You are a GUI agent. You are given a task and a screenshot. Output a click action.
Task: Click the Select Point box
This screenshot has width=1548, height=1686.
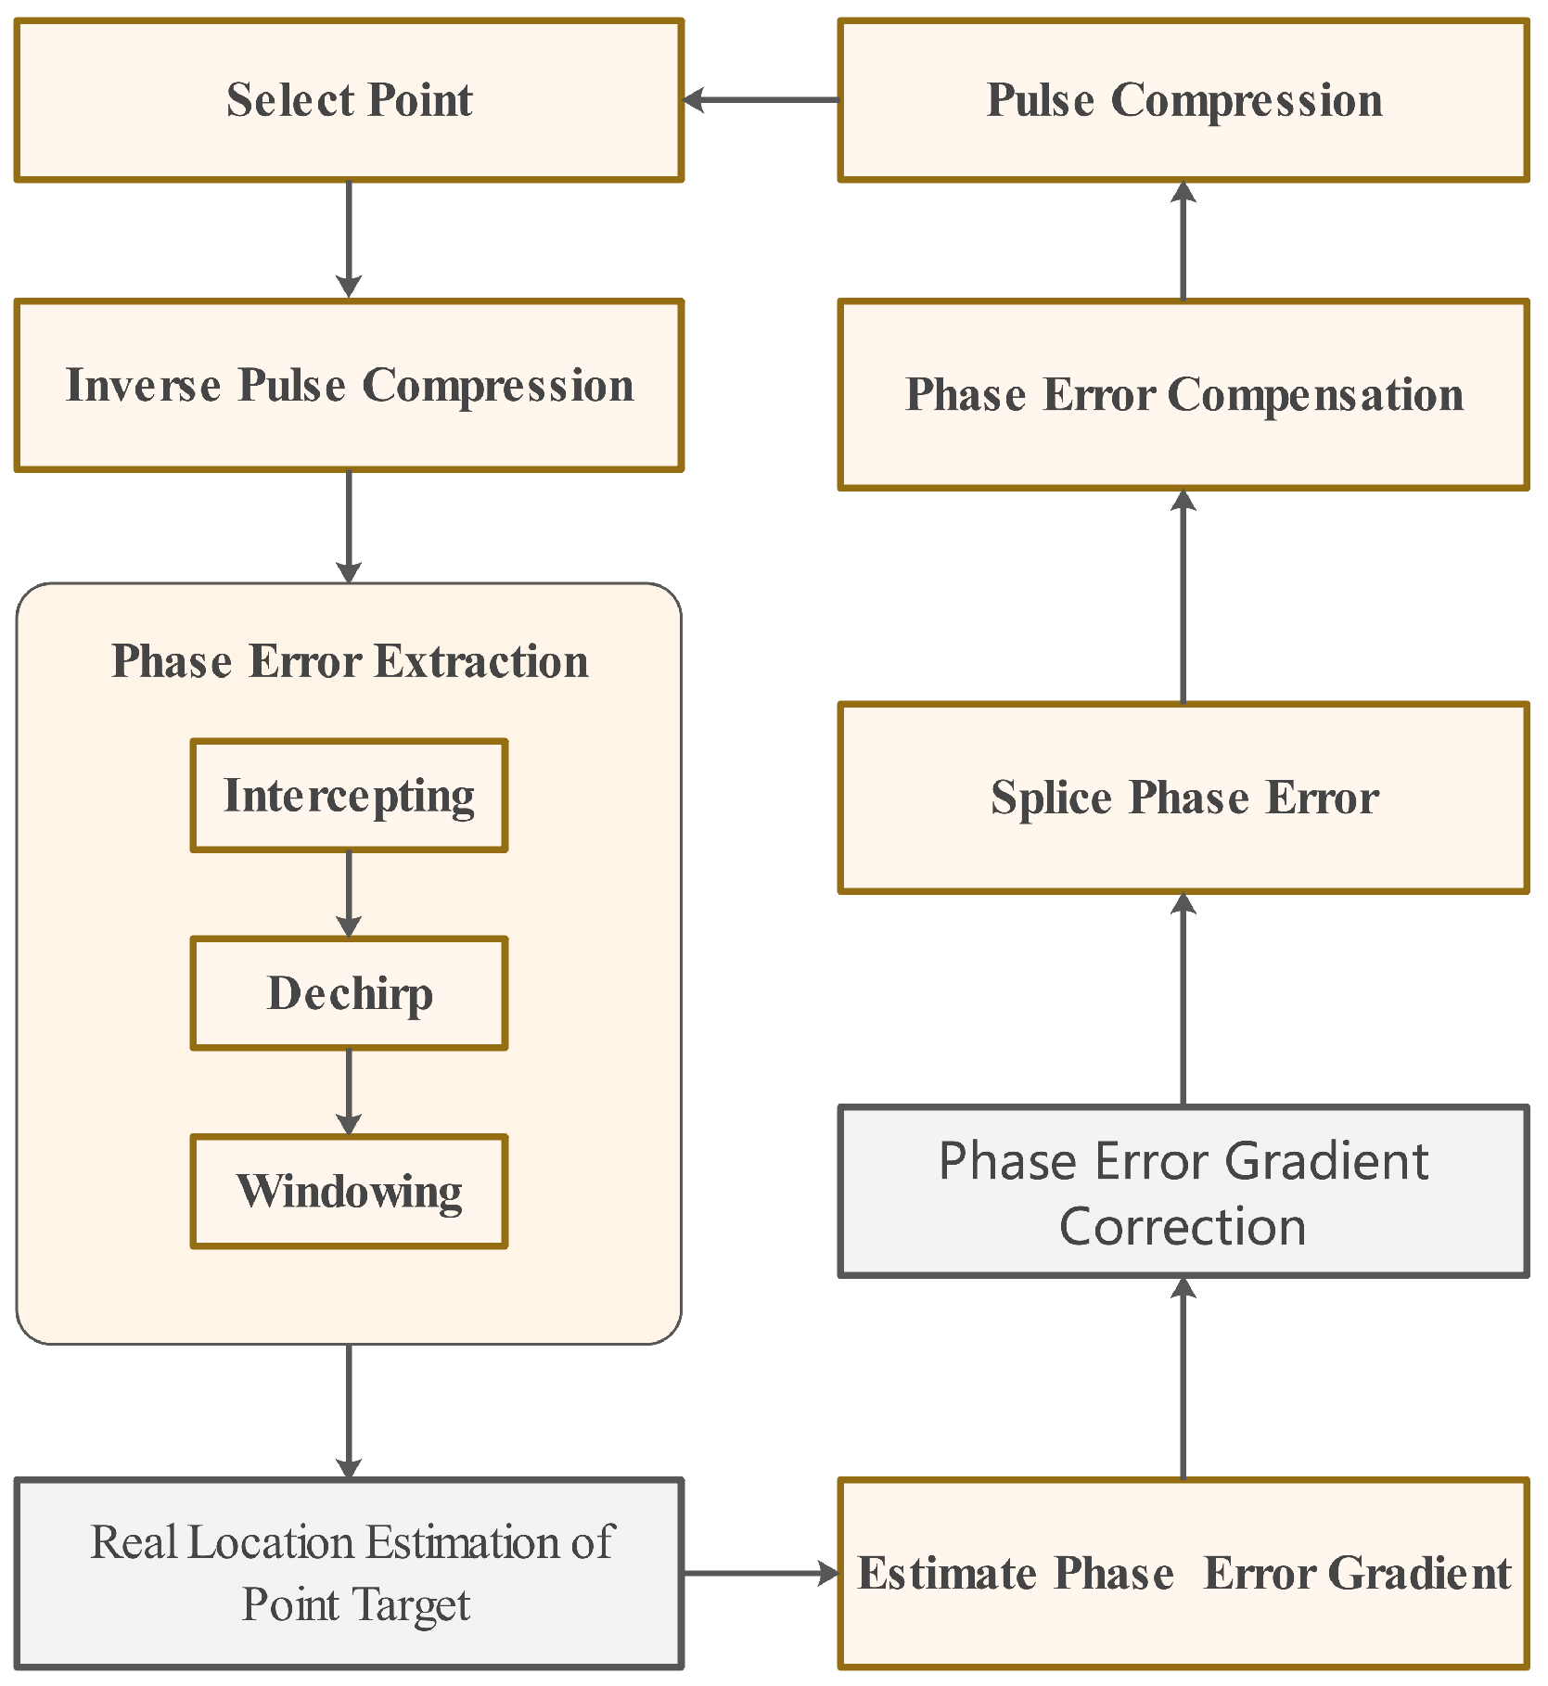[x=349, y=100]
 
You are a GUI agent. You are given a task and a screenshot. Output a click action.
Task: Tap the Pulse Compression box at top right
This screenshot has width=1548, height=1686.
[x=1183, y=100]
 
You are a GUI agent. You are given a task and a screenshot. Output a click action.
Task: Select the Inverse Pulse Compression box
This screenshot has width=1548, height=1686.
[x=349, y=385]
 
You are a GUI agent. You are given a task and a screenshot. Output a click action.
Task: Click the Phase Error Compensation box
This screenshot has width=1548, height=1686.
[x=1183, y=394]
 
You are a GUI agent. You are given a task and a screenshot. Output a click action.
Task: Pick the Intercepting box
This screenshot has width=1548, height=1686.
[x=349, y=796]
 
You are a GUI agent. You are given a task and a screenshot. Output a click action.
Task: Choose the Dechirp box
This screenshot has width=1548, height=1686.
[x=349, y=993]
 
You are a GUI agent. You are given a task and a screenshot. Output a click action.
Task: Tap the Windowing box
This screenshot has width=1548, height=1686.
[x=349, y=1192]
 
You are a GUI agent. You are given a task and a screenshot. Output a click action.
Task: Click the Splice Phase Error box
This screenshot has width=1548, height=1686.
[x=1183, y=798]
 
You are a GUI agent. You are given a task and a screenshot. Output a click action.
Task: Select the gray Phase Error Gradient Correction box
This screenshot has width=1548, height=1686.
[x=1183, y=1192]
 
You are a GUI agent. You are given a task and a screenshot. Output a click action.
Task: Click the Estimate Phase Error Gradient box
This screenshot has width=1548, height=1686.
[x=1183, y=1574]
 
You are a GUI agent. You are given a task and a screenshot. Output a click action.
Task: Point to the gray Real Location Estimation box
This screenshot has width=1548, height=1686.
[x=349, y=1574]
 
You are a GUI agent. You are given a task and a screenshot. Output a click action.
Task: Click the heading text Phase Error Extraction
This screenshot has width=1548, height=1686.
[x=349, y=661]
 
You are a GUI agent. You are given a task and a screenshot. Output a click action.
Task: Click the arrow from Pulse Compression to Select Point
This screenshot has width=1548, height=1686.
[x=761, y=100]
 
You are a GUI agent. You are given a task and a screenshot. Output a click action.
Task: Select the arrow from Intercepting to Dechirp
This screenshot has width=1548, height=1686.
[x=349, y=893]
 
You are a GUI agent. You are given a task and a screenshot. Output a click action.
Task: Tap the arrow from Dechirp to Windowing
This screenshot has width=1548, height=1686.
[x=349, y=1092]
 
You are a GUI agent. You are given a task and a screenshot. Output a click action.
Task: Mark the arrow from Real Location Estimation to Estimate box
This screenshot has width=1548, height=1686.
[x=761, y=1573]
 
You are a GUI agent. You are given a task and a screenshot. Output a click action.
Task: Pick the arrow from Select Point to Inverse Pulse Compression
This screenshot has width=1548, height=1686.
[x=349, y=238]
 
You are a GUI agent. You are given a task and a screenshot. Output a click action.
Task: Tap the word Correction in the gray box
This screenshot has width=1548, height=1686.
[x=1183, y=1226]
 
